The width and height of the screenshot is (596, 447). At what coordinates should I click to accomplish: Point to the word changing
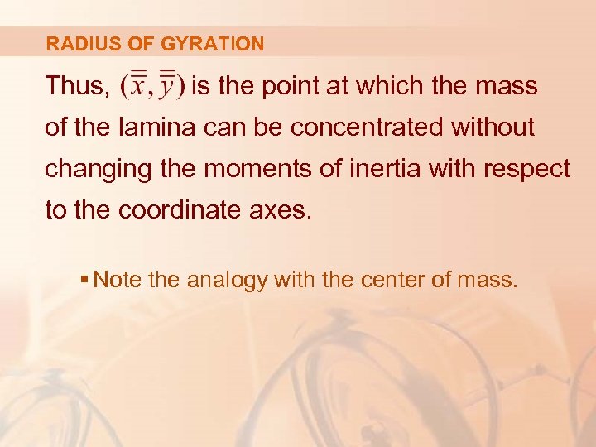pyautogui.click(x=94, y=170)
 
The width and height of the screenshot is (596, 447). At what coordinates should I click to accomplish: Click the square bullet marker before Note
pyautogui.click(x=86, y=281)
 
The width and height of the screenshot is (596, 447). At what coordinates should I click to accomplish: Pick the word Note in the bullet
pyautogui.click(x=118, y=281)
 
